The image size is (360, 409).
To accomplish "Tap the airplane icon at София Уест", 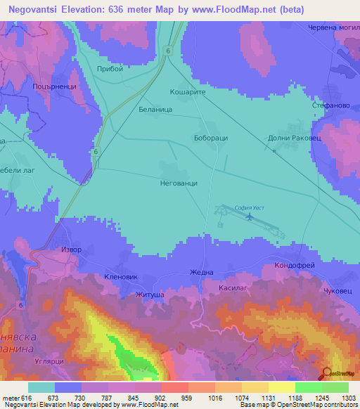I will click(x=250, y=216).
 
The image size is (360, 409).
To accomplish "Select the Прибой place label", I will click(x=111, y=69).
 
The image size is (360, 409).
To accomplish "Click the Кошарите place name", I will click(x=186, y=92).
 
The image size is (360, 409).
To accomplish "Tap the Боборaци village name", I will click(x=211, y=138).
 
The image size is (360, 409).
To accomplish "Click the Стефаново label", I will click(x=327, y=105).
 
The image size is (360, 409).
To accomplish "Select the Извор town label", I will click(x=72, y=249).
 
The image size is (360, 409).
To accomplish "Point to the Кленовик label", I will click(x=120, y=276).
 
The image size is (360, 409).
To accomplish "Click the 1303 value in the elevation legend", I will click(x=348, y=397).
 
